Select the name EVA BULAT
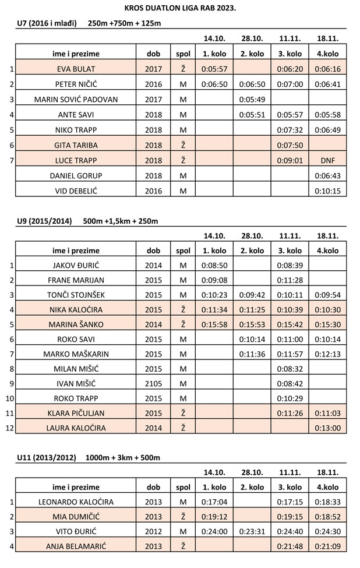[x=76, y=69]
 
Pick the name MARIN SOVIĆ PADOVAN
[x=76, y=99]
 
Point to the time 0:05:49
[x=252, y=99]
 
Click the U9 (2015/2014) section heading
[x=47, y=221]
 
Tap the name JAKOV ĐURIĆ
[x=76, y=265]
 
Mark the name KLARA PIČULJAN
[x=76, y=412]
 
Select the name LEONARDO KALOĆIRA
[x=76, y=501]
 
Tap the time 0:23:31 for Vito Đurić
[x=252, y=531]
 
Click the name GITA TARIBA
[x=76, y=144]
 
